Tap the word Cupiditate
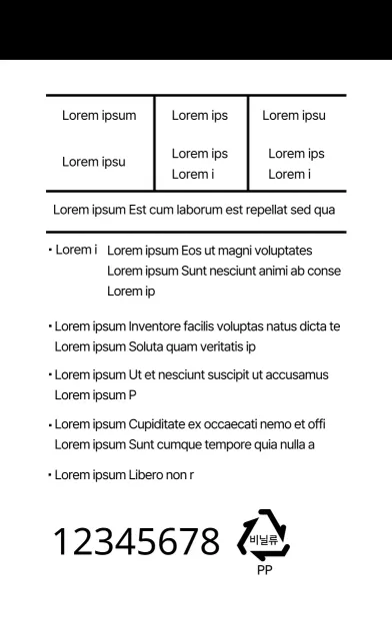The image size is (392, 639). click(x=162, y=423)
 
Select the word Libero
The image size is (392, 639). click(x=149, y=474)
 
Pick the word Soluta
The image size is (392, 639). click(x=149, y=346)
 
